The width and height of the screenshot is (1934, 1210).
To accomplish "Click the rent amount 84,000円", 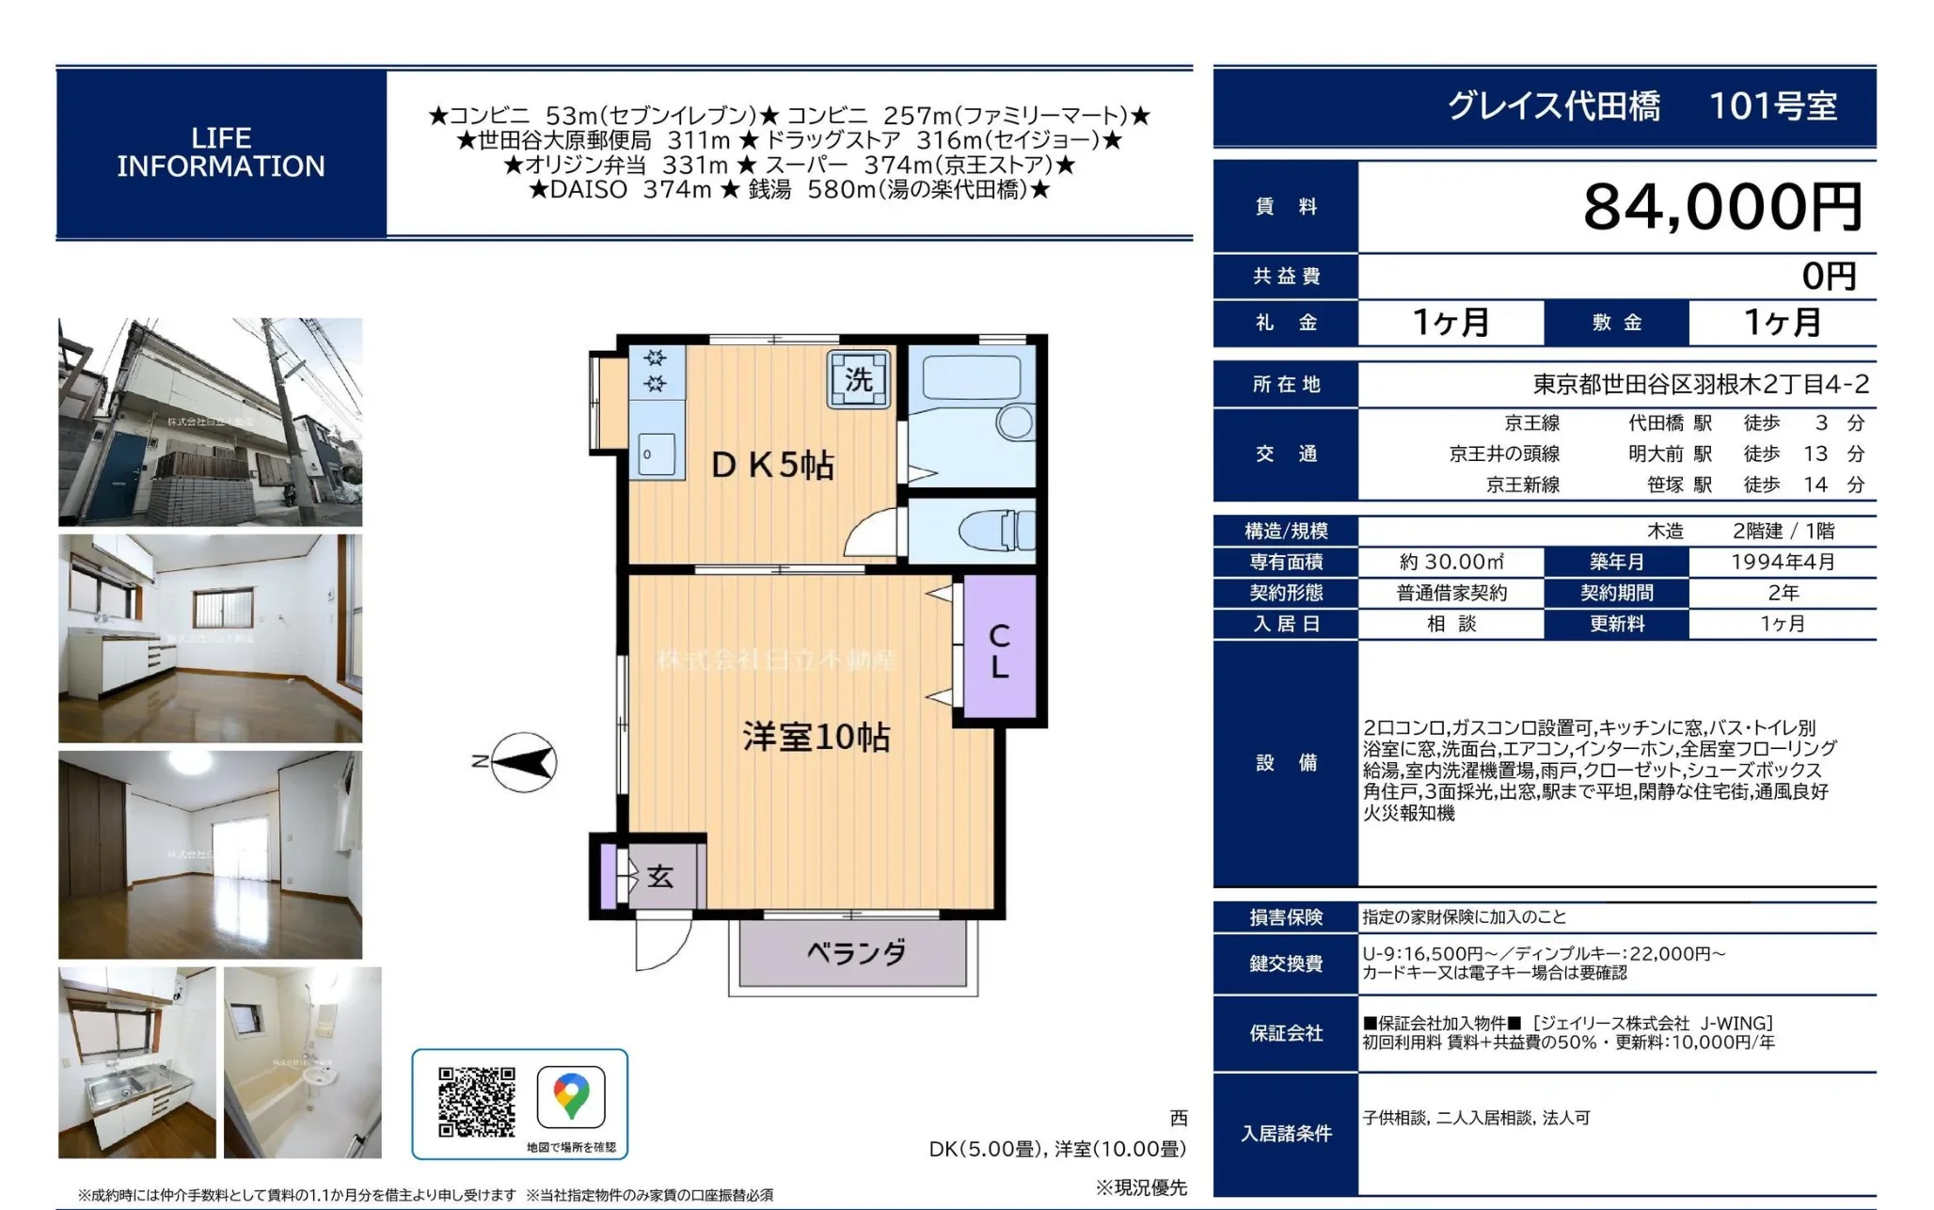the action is pos(1722,207).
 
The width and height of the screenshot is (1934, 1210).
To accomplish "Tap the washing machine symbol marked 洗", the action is pos(859,379).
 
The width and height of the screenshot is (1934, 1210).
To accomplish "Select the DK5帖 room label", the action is pos(772,465).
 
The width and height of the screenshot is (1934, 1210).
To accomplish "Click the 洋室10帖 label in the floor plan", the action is pos(816,737).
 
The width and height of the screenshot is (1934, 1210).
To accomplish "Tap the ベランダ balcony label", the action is pos(856,953).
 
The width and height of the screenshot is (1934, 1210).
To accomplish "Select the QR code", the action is pos(477,1102).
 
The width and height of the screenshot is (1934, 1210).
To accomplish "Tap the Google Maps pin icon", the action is pos(571,1097).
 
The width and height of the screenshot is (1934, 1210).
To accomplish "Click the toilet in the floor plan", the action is pos(997,531).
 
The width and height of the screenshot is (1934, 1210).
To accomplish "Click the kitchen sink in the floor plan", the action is pos(657,454).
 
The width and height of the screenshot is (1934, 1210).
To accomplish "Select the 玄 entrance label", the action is pos(660,877).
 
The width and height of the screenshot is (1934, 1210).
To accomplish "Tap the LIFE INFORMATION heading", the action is pos(221,152).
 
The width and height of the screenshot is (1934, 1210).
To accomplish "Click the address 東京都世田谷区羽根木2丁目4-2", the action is pos(1701,384).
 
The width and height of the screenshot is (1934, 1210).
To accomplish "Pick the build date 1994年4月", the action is pos(1783,562).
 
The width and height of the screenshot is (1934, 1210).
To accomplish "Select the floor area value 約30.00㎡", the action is pos(1451,562).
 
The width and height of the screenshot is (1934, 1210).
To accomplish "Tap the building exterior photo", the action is pos(210,422).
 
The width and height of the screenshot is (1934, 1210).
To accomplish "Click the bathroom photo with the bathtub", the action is pos(303,1062).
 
